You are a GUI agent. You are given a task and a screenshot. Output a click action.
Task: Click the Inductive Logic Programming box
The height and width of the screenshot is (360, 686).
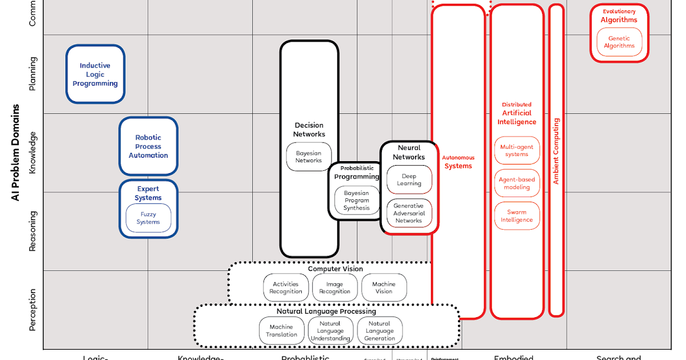(95, 74)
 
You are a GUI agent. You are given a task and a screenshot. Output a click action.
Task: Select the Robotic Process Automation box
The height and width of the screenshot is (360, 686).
(149, 146)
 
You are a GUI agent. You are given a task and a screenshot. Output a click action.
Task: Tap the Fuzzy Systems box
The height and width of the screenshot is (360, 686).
(149, 218)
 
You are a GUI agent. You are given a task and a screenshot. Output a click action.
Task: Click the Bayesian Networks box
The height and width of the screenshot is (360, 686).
(309, 157)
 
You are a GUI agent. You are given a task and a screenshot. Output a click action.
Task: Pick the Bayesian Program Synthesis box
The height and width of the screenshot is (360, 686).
(357, 201)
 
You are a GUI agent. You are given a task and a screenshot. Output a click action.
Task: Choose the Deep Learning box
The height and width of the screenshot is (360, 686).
(409, 180)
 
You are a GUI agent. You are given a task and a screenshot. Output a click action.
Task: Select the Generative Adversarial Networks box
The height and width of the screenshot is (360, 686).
(409, 213)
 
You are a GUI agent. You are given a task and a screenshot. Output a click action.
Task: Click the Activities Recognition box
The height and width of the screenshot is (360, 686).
(286, 287)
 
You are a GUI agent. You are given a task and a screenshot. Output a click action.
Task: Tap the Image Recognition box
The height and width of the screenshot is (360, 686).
(334, 287)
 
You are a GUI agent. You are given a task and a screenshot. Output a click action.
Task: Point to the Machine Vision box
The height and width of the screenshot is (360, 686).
(384, 287)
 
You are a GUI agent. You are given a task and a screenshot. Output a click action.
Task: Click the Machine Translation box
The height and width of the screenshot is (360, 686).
(282, 331)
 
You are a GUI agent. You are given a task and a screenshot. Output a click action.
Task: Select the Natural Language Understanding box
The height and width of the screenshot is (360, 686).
(330, 331)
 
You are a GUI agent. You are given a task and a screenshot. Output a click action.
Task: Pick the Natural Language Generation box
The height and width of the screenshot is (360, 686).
(380, 331)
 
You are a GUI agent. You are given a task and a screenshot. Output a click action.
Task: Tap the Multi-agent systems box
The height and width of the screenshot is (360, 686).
(517, 151)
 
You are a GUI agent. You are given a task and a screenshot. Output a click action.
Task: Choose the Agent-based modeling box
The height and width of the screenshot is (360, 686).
(517, 183)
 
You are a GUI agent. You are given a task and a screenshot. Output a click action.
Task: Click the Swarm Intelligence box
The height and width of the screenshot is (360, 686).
(517, 216)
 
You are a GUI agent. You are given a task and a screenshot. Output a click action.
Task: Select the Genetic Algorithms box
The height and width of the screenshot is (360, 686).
(619, 42)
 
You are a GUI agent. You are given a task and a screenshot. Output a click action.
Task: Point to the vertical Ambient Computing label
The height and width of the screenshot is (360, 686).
(556, 151)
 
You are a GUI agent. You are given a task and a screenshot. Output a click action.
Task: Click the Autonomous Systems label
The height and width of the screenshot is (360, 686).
(458, 162)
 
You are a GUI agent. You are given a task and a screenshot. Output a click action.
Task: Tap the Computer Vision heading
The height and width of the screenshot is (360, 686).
(336, 269)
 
